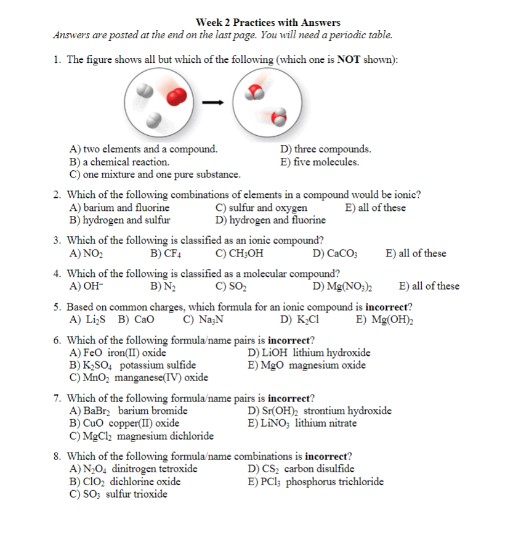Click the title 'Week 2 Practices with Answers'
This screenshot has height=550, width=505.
click(x=268, y=23)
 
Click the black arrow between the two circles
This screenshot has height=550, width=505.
click(x=212, y=102)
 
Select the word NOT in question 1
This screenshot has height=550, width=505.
click(x=349, y=60)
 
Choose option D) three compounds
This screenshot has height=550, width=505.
click(x=326, y=149)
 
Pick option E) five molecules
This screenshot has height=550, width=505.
click(x=320, y=162)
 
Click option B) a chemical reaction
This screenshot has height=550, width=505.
click(x=119, y=162)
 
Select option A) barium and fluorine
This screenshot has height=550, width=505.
click(x=119, y=208)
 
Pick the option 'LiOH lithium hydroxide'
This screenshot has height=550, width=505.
click(x=309, y=353)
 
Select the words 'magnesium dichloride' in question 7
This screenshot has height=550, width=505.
click(x=166, y=436)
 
